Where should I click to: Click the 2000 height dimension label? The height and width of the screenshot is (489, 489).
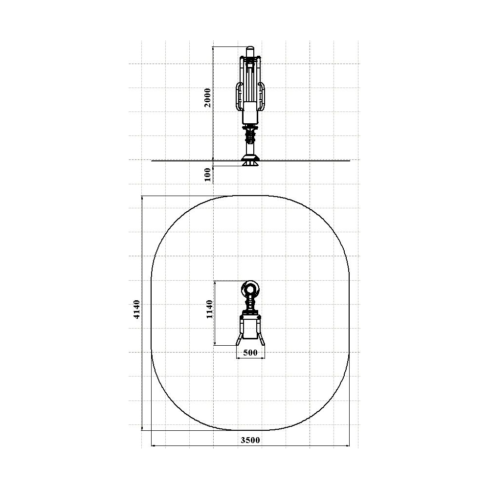click(208, 98)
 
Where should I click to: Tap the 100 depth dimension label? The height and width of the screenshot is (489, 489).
click(208, 175)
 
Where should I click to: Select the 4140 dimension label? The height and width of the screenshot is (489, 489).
click(136, 310)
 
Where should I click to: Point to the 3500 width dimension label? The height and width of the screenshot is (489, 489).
click(250, 440)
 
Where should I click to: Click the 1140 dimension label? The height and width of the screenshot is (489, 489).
click(209, 309)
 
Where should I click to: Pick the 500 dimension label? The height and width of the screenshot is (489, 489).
click(250, 353)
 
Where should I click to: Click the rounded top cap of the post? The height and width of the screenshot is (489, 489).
click(250, 51)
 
